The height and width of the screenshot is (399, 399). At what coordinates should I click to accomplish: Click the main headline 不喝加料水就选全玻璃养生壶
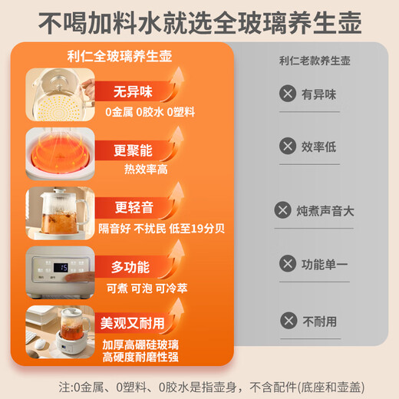(x=199, y=23)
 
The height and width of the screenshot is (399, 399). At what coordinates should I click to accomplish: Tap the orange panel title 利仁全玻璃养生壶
(x=120, y=56)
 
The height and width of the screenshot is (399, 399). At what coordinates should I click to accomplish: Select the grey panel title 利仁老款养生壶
(x=315, y=61)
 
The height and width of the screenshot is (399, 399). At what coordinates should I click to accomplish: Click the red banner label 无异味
(x=133, y=91)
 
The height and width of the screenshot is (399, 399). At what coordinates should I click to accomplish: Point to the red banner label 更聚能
(x=133, y=150)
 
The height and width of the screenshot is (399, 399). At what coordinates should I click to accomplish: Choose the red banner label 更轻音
(x=134, y=207)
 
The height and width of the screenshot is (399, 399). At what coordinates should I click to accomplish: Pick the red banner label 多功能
(x=130, y=267)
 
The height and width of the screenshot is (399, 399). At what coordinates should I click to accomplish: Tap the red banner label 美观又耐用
(x=132, y=323)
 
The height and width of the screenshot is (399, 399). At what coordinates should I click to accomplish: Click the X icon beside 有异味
(x=288, y=94)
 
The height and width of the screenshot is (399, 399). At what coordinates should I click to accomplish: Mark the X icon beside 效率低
(x=288, y=146)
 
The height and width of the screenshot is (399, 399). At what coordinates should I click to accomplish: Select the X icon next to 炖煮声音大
(x=282, y=210)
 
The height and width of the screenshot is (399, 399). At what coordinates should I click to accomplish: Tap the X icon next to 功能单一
(x=288, y=263)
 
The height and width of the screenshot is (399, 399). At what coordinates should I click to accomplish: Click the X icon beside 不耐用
(x=289, y=321)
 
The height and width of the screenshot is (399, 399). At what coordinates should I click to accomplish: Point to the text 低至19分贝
(x=196, y=229)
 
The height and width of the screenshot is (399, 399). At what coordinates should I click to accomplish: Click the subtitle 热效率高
(x=146, y=170)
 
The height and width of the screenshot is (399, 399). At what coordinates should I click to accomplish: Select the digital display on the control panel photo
(x=61, y=268)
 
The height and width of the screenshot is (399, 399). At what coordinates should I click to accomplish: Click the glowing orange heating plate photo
(x=60, y=153)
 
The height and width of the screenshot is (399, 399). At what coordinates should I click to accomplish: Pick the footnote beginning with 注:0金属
(x=212, y=387)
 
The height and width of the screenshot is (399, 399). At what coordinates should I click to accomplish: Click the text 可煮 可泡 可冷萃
(x=147, y=289)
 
